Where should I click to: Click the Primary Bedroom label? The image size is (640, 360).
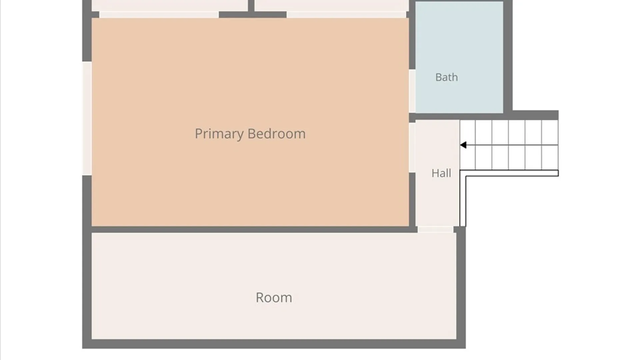click(x=250, y=134)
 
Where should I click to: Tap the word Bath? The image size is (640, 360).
click(x=446, y=77)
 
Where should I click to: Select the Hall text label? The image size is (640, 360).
click(x=441, y=173)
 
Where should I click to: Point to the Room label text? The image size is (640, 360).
click(x=274, y=298)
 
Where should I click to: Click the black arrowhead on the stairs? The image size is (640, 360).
click(x=463, y=145)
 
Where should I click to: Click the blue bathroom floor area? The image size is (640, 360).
click(x=459, y=57)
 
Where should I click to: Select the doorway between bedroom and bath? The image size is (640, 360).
click(x=412, y=91)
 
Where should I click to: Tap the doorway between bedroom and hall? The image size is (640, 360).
click(x=412, y=148)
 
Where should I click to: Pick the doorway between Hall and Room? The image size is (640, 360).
click(x=435, y=229)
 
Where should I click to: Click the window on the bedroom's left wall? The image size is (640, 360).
click(x=87, y=118)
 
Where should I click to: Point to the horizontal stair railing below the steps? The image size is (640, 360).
click(x=512, y=173)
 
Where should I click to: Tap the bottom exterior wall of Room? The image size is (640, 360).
click(x=274, y=344)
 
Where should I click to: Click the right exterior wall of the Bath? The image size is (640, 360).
click(x=508, y=57)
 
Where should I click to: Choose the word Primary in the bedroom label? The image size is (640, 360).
click(x=219, y=134)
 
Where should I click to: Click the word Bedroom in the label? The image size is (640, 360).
click(x=277, y=133)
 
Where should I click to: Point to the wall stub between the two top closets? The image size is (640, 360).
click(x=252, y=8)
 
